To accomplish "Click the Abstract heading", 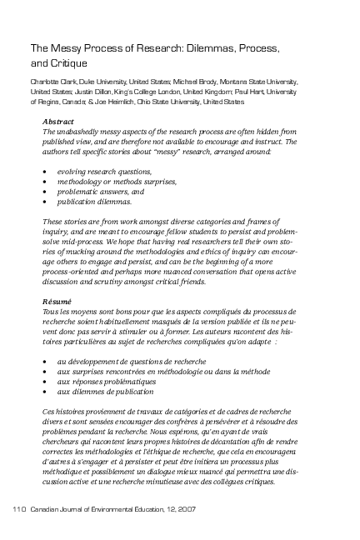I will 57,122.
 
